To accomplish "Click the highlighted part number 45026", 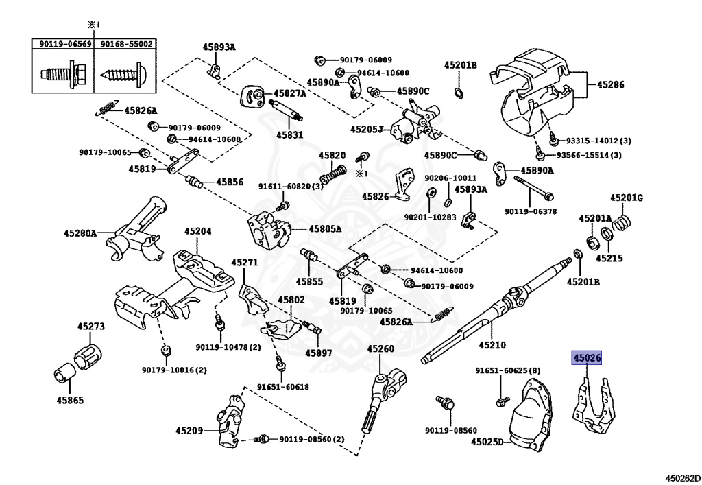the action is click(x=587, y=358).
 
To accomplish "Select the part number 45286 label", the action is click(x=610, y=84).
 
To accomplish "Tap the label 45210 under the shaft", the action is click(x=492, y=345).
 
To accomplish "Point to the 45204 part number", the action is click(x=198, y=232).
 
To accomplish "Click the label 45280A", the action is click(x=80, y=233).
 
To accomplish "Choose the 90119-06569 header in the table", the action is click(x=65, y=44).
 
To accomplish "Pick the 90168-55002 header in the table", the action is click(x=126, y=44).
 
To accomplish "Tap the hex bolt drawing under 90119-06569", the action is click(x=64, y=73).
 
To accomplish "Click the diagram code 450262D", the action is click(x=682, y=478).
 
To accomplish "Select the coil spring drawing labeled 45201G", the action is click(x=622, y=221).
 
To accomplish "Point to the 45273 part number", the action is click(x=91, y=326).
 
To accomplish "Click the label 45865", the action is click(x=70, y=400).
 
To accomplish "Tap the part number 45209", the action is click(x=189, y=431).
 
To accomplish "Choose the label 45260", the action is click(x=380, y=348).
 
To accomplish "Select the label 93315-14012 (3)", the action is click(x=598, y=141).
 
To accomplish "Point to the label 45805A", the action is click(x=324, y=229).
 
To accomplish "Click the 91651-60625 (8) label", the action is click(x=508, y=371).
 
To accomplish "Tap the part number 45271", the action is click(x=245, y=263).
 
